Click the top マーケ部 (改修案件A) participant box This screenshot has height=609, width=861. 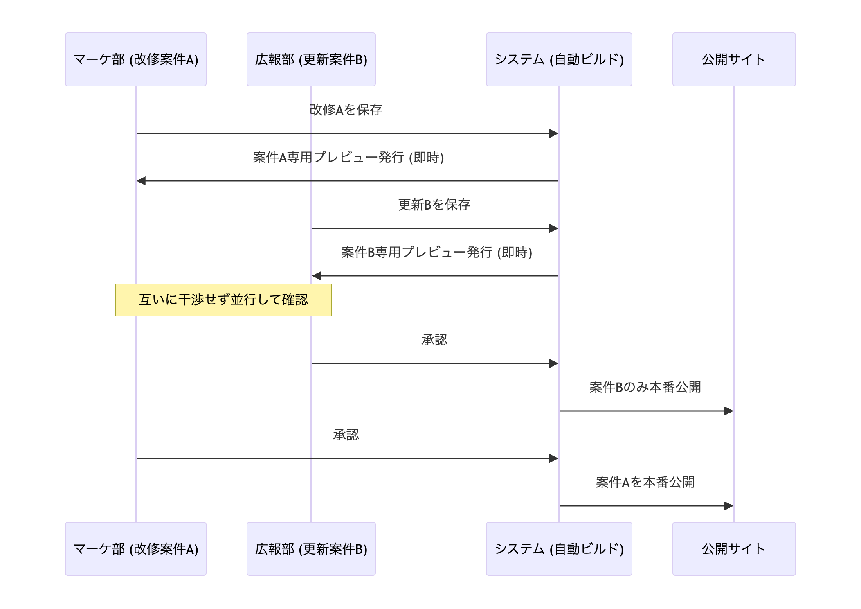pos(135,59)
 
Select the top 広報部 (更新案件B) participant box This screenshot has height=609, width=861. pos(311,59)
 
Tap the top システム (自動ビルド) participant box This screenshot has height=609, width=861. pos(559,59)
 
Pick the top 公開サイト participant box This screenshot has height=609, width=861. pos(734,59)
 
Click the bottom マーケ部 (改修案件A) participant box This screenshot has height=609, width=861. pos(135,548)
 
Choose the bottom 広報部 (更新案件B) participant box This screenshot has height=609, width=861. pos(311,548)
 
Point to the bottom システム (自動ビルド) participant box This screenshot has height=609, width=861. pos(559,548)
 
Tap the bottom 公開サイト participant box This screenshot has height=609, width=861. pos(734,548)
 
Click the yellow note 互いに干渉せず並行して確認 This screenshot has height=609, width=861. pos(223,300)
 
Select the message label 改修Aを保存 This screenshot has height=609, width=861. pos(346,110)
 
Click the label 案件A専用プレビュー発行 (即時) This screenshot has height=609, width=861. pos(348,157)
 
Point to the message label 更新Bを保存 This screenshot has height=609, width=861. pos(434,205)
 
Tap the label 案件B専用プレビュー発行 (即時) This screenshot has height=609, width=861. pos(436,252)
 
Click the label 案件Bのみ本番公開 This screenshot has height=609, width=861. pos(645,387)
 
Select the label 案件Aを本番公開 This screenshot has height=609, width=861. pos(645,482)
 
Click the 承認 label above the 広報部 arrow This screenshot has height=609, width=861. pos(434,340)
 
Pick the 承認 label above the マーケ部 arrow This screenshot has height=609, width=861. pos(346,435)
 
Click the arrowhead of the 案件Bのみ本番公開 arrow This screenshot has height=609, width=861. pos(728,411)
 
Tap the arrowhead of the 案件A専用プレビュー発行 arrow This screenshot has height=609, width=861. pos(142,181)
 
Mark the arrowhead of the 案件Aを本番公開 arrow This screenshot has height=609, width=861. pos(728,506)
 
